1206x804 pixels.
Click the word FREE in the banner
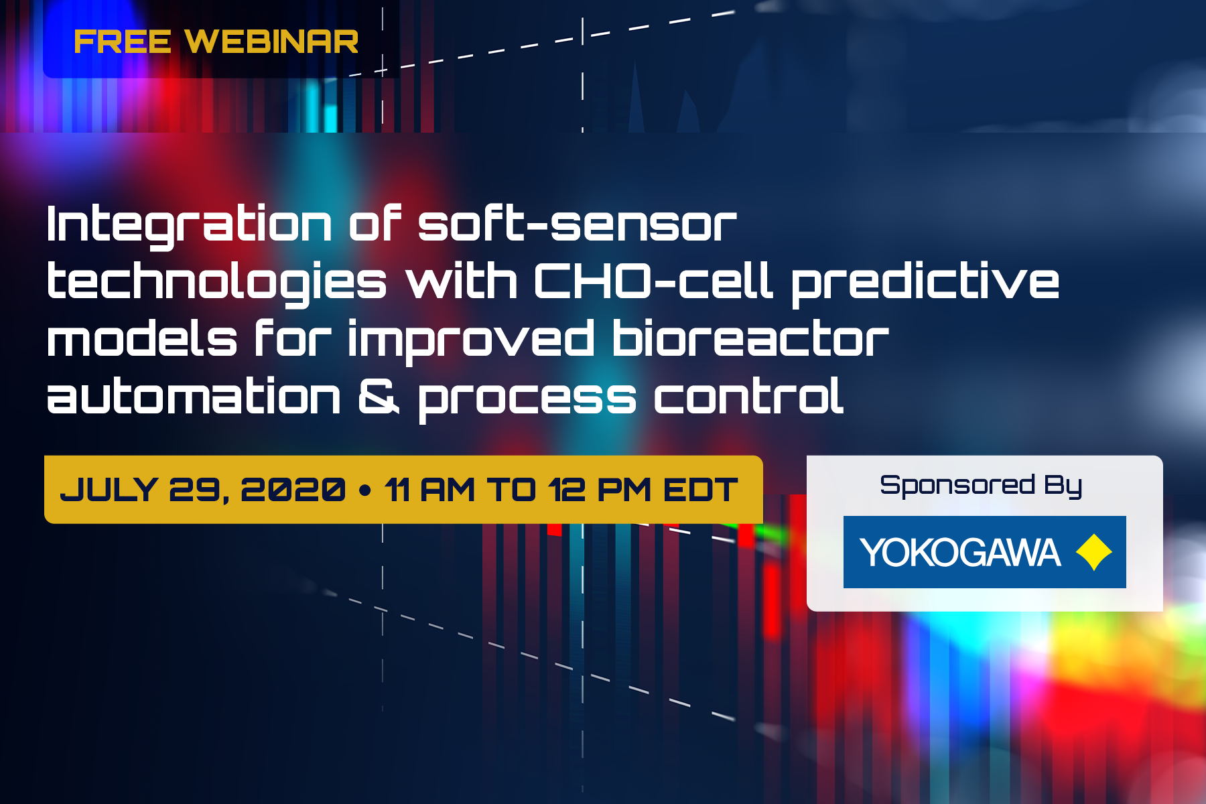(122, 42)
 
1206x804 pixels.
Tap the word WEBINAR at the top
(271, 42)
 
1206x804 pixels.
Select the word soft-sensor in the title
(577, 224)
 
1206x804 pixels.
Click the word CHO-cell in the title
(653, 281)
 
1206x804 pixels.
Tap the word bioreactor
(750, 339)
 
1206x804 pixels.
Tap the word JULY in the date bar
(109, 490)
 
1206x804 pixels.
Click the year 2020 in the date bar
(293, 490)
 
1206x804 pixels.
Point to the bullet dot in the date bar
(365, 490)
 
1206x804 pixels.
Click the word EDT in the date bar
(700, 490)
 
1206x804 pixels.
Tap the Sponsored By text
(981, 485)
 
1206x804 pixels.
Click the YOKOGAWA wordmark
(960, 553)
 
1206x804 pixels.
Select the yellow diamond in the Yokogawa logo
(1093, 552)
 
